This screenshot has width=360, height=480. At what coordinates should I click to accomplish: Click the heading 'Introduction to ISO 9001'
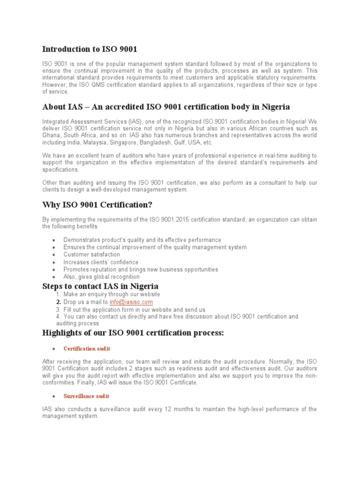[x=90, y=49]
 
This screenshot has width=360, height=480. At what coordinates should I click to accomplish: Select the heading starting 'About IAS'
[x=166, y=107]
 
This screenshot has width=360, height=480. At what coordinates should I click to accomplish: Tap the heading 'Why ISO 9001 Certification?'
[x=97, y=205]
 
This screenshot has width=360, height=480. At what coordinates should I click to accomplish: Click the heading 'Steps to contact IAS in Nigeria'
[x=100, y=286]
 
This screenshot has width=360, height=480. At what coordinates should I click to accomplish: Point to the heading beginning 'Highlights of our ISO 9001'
[x=134, y=333]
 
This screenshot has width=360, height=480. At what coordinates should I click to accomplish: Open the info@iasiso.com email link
[x=131, y=302]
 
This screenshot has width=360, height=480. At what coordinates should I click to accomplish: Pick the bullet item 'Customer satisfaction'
[x=91, y=255]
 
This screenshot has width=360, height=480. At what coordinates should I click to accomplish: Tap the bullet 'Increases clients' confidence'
[x=101, y=262]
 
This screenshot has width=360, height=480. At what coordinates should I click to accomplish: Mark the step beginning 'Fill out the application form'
[x=134, y=310]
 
